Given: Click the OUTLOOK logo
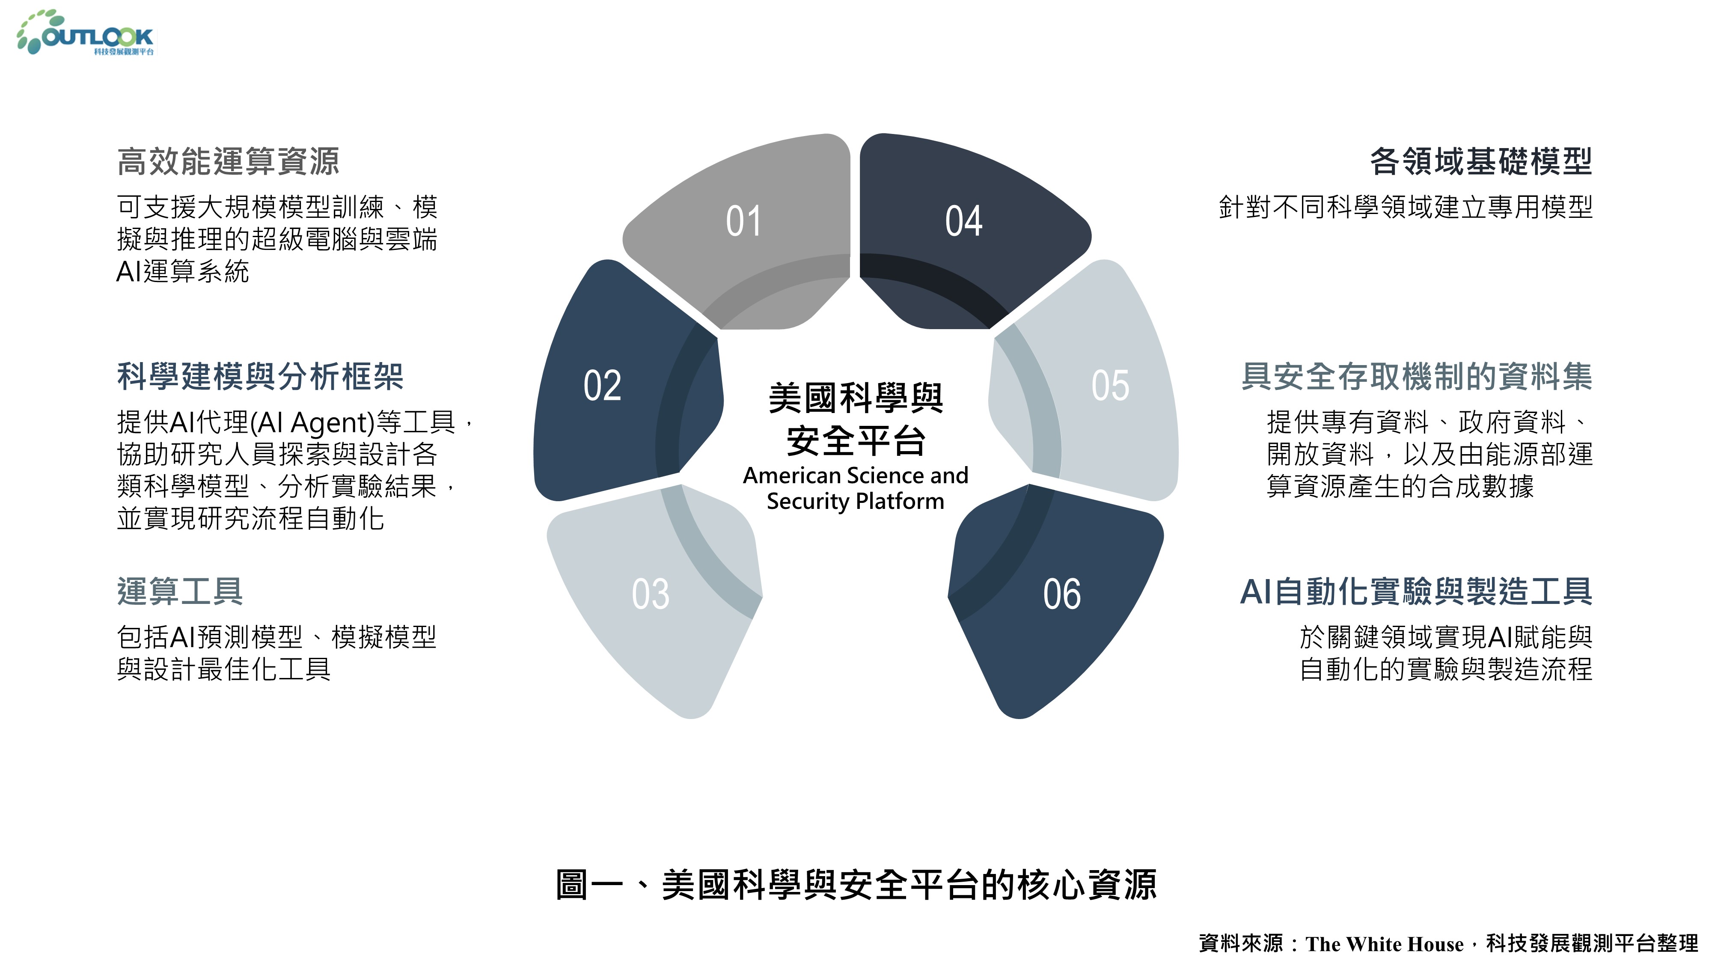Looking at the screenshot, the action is click(x=85, y=33).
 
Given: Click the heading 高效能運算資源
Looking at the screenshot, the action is click(x=228, y=161).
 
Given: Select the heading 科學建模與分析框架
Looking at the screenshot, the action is click(x=260, y=376).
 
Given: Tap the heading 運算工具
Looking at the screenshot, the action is click(x=180, y=591).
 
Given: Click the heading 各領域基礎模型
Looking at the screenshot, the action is click(x=1481, y=161).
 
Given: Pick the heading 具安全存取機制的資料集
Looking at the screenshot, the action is click(x=1417, y=376).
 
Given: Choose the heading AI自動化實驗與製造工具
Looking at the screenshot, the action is click(x=1416, y=591).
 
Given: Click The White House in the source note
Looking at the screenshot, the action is click(x=1384, y=944).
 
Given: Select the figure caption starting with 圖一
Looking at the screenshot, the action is click(x=856, y=885).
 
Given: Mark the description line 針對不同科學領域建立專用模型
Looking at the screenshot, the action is click(x=1406, y=207).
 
